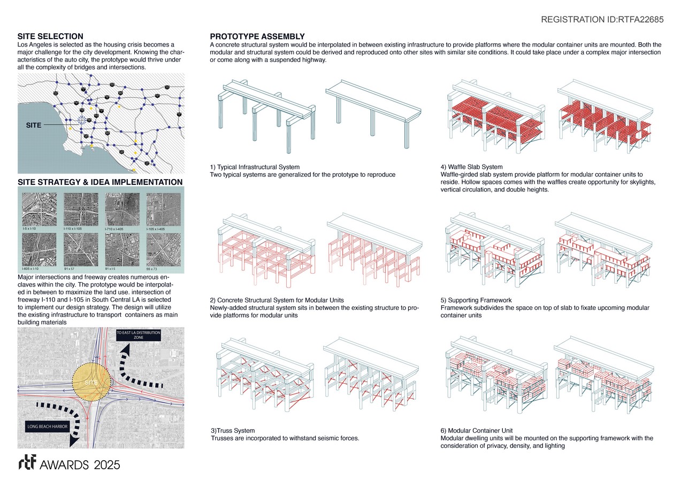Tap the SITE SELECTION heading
(50, 36)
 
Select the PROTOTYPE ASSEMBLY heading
(257, 36)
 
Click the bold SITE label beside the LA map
(34, 125)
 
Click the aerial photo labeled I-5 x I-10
(39, 209)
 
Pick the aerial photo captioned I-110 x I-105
(81, 209)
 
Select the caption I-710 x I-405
(117, 229)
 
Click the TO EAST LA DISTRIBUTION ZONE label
(138, 336)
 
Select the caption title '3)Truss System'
(232, 431)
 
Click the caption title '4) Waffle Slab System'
(471, 167)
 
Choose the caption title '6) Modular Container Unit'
(477, 431)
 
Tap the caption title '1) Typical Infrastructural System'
(255, 167)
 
